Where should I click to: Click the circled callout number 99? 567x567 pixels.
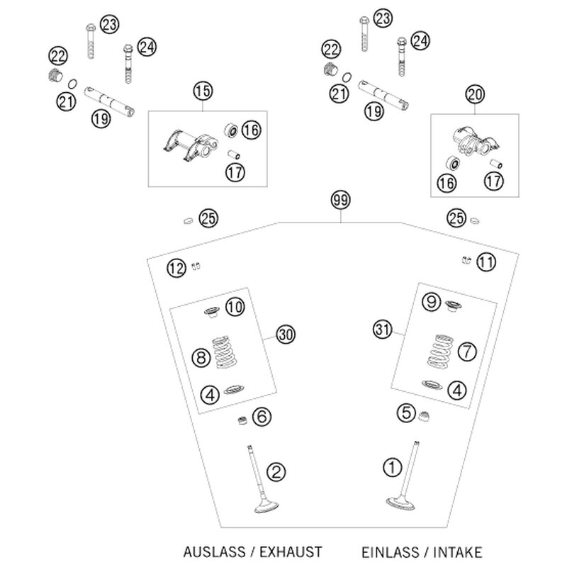point(341,201)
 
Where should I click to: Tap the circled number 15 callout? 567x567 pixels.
point(203,91)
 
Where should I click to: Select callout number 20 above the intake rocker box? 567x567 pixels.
point(475,95)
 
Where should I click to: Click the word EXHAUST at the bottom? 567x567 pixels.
point(291,552)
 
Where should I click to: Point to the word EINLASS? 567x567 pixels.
point(391,553)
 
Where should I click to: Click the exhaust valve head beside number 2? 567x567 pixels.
point(266,506)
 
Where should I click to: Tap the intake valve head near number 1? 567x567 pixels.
point(400,503)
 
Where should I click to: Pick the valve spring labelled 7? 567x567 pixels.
point(440,351)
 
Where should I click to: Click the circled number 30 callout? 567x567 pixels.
point(286,335)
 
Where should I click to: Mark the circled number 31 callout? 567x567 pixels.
point(383,330)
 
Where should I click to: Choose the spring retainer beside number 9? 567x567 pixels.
point(453,306)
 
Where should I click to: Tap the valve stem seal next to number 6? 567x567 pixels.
point(242,420)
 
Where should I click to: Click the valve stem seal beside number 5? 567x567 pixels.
point(424,416)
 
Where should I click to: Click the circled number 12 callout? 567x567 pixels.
point(176,269)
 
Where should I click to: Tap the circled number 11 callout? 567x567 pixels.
point(485,262)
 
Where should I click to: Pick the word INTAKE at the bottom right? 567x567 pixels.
point(458,553)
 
